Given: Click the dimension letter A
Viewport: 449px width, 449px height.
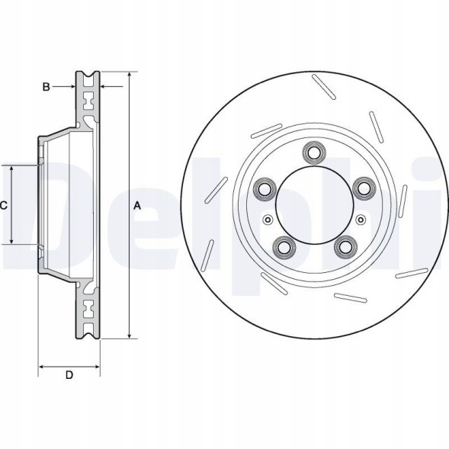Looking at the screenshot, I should point(138,205).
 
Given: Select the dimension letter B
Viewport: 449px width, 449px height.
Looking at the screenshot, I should point(46,88).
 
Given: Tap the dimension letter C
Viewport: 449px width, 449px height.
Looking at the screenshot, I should point(4,205).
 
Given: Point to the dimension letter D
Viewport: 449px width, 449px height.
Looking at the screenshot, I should point(69,375).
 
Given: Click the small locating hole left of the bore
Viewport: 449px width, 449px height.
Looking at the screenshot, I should point(267,220).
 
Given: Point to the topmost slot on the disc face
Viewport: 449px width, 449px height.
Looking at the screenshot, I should point(325,85).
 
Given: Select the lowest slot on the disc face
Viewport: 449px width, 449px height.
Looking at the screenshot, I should point(351,298).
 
